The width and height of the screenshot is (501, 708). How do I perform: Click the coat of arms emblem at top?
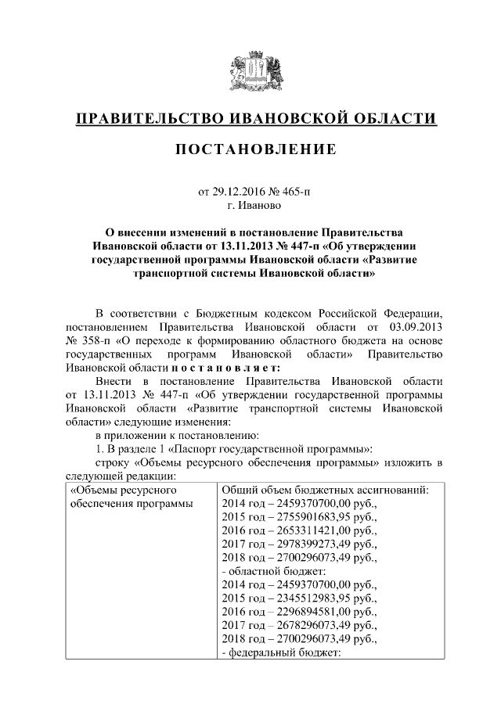[x=250, y=71]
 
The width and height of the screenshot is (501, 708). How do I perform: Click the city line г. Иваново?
[x=250, y=205]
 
